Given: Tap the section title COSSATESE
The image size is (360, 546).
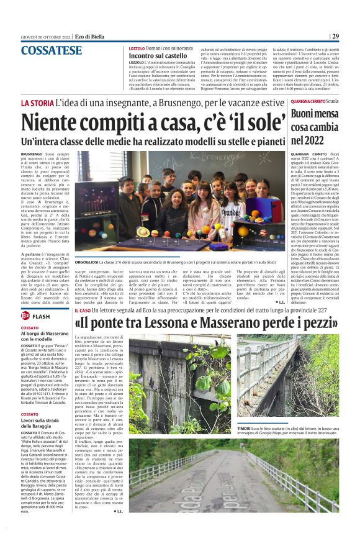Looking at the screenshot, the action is [47, 50].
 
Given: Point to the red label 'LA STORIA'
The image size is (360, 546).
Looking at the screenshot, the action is [36, 102].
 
